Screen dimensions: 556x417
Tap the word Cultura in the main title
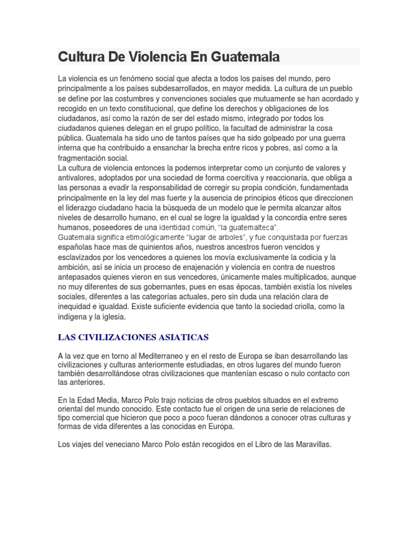tap(79, 57)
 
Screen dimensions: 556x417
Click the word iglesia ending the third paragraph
tap(111, 316)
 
